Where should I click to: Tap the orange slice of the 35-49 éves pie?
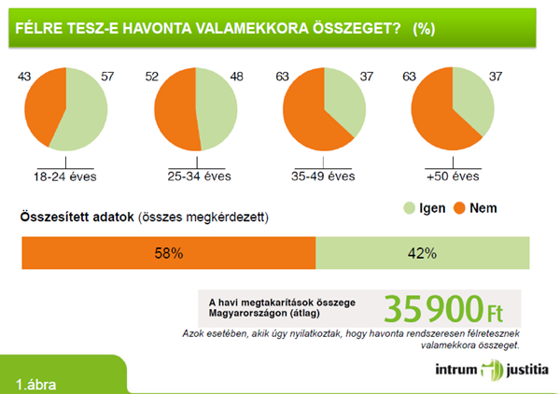coord(307,117)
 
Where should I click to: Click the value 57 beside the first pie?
coord(105,74)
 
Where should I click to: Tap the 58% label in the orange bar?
coord(169,253)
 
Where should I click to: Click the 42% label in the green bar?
coord(423,253)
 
